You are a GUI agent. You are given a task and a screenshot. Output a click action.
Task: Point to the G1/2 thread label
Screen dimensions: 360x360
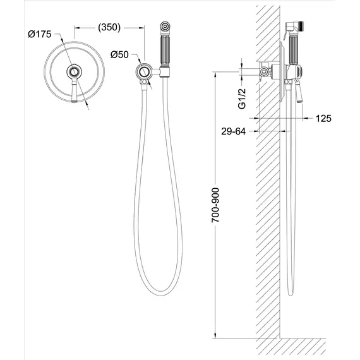[243, 99]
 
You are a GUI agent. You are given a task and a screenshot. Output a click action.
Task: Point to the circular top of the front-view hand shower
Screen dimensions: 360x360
[165, 27]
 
